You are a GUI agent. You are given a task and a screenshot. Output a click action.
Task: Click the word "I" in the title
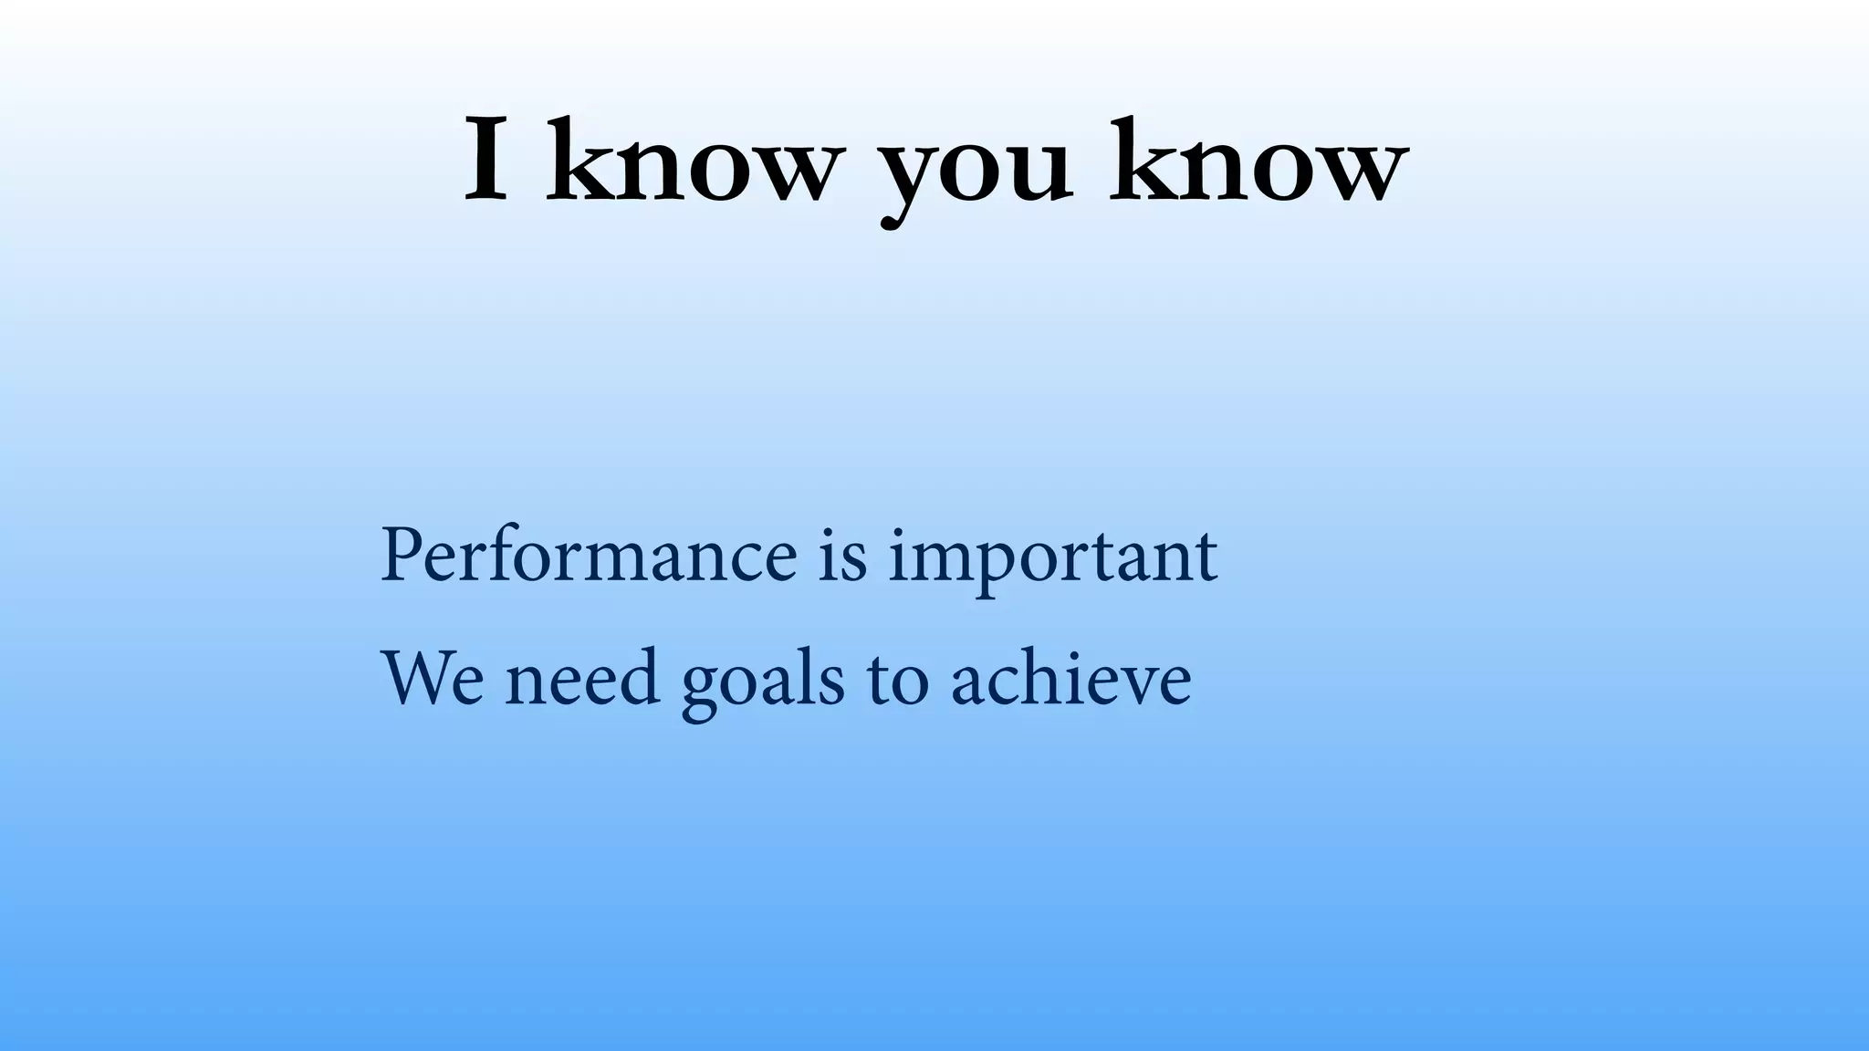click(486, 161)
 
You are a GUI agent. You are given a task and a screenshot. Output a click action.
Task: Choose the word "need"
click(582, 679)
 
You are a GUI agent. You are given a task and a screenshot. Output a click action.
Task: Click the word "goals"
click(762, 684)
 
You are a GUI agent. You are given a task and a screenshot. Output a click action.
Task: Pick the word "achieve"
click(1070, 679)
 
